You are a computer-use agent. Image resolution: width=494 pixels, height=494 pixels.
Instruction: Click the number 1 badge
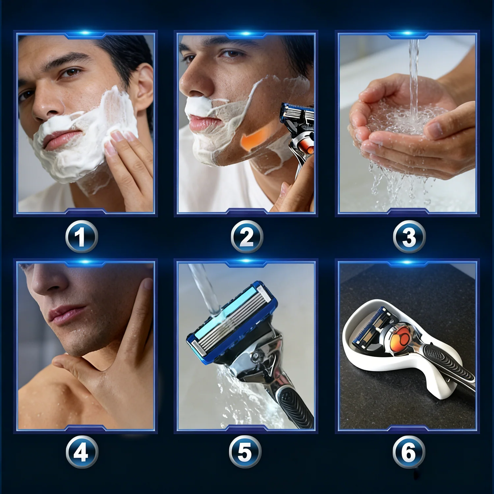[x=81, y=236]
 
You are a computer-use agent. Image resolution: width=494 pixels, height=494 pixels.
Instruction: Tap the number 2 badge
[x=247, y=236]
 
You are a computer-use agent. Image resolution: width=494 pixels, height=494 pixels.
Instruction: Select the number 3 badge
[x=409, y=236]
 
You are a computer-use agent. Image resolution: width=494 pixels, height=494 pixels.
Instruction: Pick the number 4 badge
[x=82, y=452]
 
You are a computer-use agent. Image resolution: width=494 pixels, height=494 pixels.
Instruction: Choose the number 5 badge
[x=245, y=452]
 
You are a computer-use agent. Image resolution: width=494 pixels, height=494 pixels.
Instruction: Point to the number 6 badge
[x=409, y=452]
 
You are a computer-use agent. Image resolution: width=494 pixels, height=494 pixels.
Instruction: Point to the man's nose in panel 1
[x=46, y=102]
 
